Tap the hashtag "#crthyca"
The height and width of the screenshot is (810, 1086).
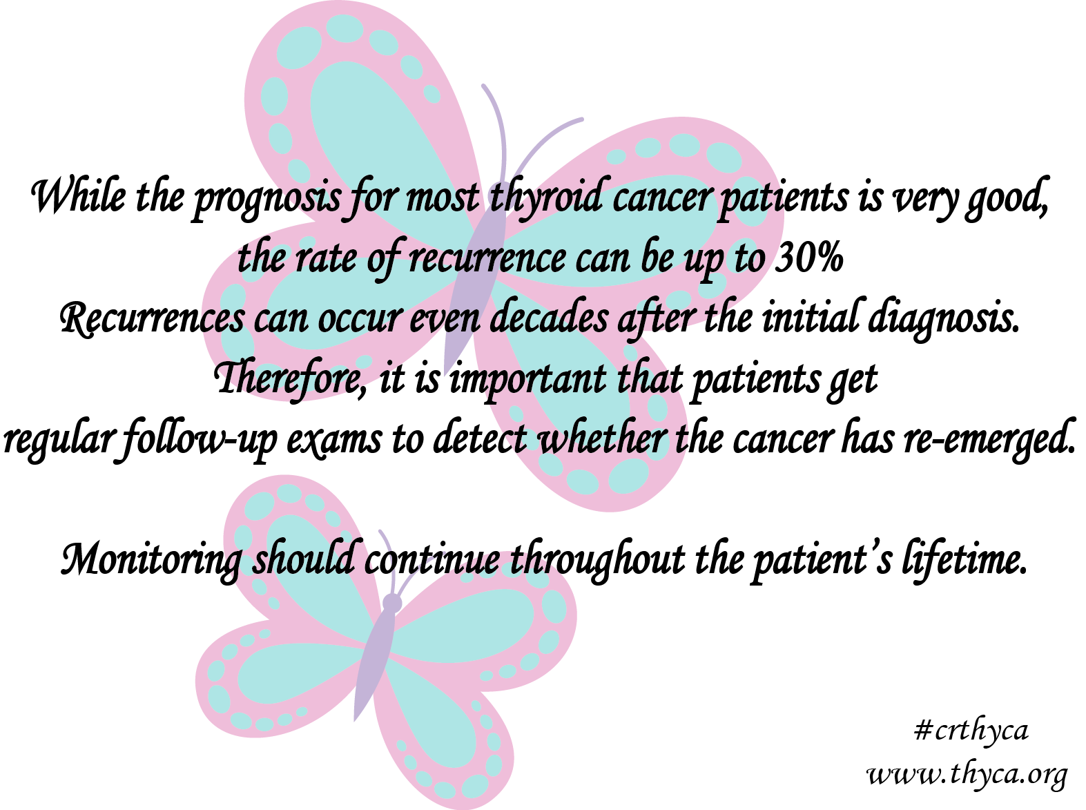971,731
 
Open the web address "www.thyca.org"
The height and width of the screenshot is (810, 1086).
967,775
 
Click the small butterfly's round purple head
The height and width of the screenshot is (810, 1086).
391,603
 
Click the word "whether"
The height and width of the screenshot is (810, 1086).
601,439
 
